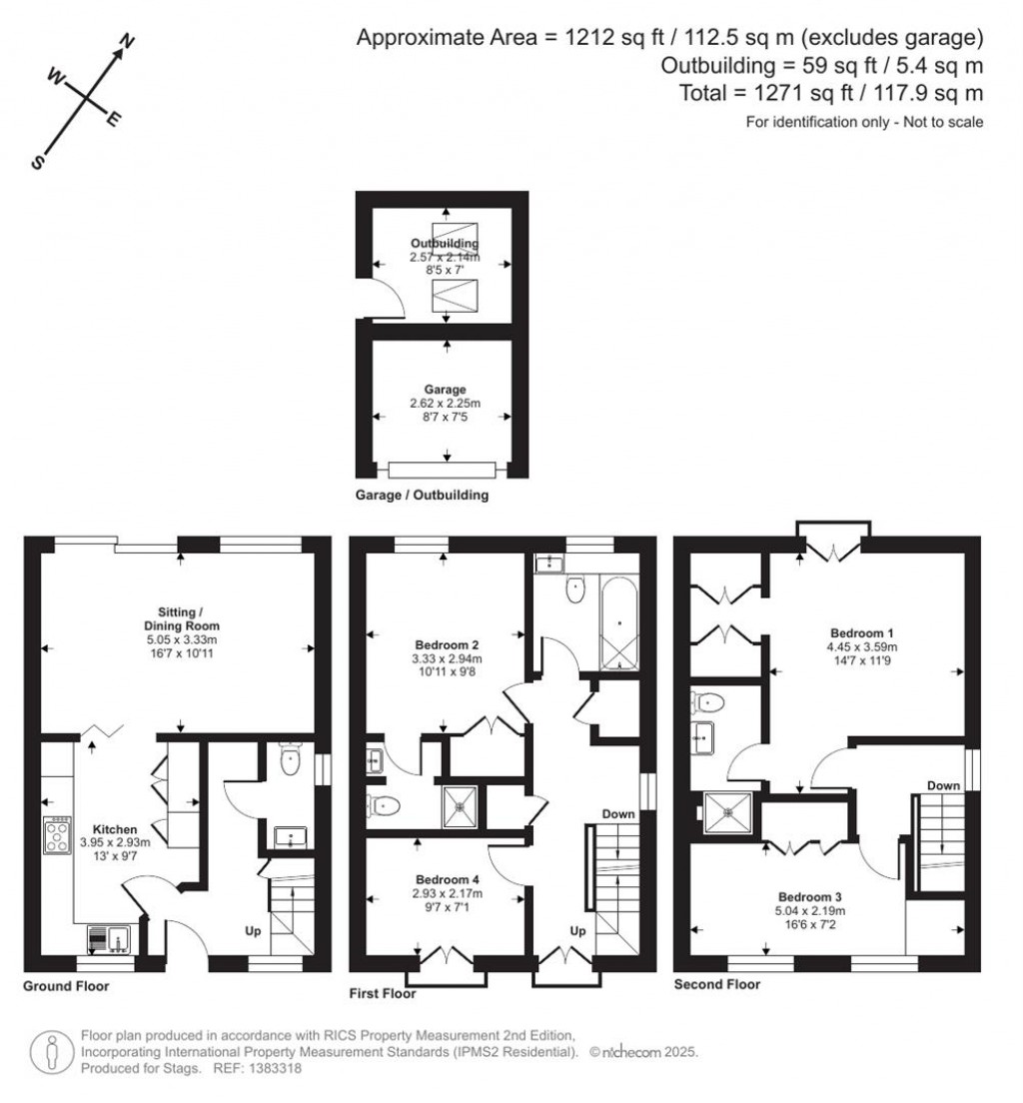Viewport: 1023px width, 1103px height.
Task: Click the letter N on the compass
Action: tap(127, 41)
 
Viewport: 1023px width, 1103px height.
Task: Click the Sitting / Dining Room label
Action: tap(180, 618)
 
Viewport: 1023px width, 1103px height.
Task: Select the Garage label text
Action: tap(446, 390)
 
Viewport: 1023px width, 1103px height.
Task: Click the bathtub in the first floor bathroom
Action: tap(619, 621)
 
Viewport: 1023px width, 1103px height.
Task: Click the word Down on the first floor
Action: tap(618, 814)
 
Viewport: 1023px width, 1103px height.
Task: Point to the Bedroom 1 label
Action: tap(861, 632)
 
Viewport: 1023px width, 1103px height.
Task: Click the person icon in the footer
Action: tap(50, 1052)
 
